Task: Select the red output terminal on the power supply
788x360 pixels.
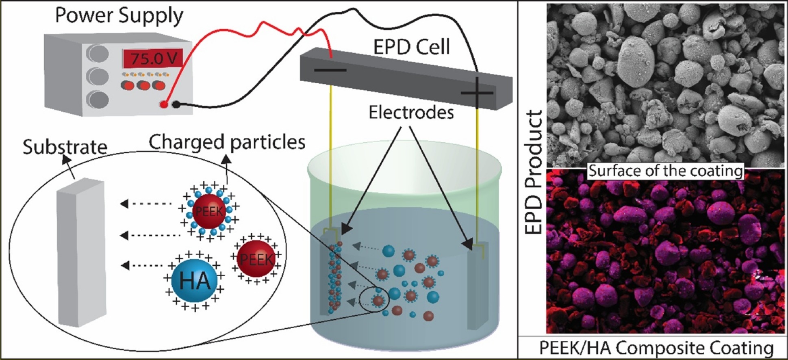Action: point(163,105)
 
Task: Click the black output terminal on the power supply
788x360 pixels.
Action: point(176,105)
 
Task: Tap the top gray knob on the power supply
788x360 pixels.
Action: point(98,53)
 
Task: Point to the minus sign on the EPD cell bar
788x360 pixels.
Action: point(330,70)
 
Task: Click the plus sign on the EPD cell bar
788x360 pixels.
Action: point(476,93)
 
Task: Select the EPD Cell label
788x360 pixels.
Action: point(411,47)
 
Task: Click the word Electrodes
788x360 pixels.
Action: point(411,113)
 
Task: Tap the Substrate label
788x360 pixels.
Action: point(65,147)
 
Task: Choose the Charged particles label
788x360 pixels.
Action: point(227,142)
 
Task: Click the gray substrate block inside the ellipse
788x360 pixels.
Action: point(81,252)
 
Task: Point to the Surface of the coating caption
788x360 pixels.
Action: point(666,171)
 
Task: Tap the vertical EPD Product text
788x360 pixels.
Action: point(534,172)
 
